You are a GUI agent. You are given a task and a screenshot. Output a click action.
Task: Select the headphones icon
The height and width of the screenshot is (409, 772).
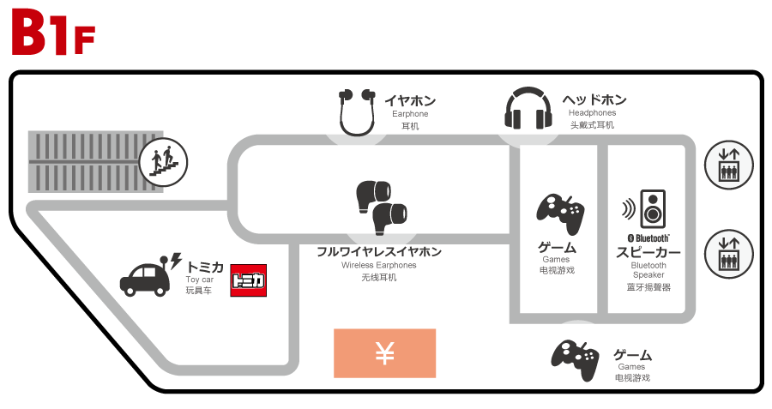(528, 110)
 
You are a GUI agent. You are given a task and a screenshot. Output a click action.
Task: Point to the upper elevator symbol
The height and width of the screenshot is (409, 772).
(728, 165)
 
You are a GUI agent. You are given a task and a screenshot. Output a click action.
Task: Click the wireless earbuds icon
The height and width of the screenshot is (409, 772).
(380, 206)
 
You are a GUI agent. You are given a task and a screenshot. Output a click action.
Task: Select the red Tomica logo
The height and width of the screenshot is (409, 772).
(248, 280)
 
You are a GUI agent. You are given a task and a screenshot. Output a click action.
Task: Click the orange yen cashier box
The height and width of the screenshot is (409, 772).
(384, 353)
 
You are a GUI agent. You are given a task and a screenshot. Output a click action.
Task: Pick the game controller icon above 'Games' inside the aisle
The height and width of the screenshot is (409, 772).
(560, 213)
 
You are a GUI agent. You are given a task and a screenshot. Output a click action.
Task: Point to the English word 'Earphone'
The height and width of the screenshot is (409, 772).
(410, 114)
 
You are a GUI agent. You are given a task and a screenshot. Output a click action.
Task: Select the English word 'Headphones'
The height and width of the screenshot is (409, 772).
(592, 113)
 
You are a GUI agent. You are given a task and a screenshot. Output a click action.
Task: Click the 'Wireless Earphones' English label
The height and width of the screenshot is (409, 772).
(379, 266)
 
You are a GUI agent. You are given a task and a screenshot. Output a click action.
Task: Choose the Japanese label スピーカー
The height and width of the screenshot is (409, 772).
(648, 253)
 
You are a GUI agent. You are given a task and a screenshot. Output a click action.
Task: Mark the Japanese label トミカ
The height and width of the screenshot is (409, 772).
(205, 267)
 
